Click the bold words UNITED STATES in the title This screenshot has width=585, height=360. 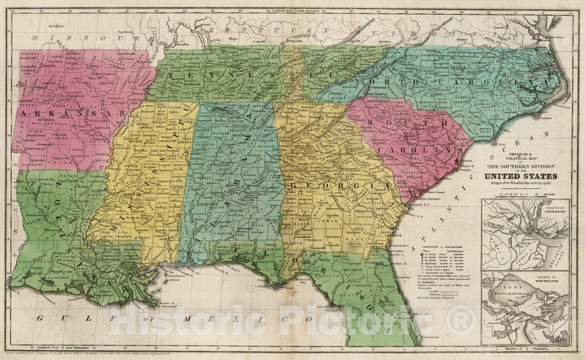point(521,176)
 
